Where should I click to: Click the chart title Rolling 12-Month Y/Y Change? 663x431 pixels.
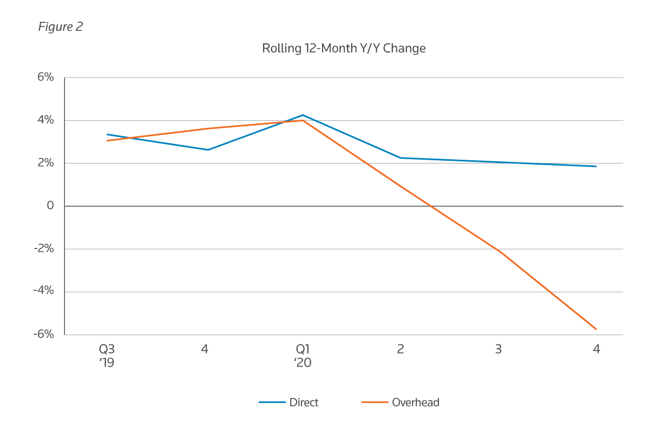tap(344, 48)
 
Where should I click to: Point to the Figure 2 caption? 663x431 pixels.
tap(60, 27)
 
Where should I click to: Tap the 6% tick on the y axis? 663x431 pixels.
tap(45, 77)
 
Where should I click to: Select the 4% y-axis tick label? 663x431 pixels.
tap(45, 120)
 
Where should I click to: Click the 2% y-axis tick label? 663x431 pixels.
tap(45, 163)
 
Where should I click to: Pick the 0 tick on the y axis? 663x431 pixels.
tap(50, 206)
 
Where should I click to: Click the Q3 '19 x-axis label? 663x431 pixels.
tap(107, 355)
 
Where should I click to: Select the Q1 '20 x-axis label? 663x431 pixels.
tap(303, 355)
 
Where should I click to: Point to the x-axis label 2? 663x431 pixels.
tap(401, 349)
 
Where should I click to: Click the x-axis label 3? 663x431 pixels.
tap(498, 349)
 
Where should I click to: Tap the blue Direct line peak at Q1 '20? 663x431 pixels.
tap(303, 115)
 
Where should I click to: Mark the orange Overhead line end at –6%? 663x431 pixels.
tap(596, 329)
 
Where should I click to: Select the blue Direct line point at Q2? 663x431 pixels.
tap(401, 158)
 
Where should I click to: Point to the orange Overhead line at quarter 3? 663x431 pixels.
tap(498, 251)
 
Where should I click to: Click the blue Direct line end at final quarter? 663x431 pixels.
tap(596, 166)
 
